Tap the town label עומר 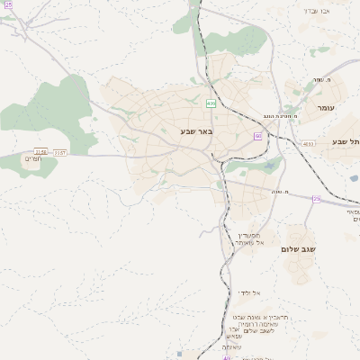point(325,107)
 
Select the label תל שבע point(346,141)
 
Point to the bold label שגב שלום point(295,248)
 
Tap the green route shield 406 point(211,103)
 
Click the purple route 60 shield point(257,136)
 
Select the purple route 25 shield point(317,199)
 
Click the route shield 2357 point(60,152)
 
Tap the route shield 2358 point(40,152)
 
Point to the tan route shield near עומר point(309,143)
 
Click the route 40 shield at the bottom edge point(227,357)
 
